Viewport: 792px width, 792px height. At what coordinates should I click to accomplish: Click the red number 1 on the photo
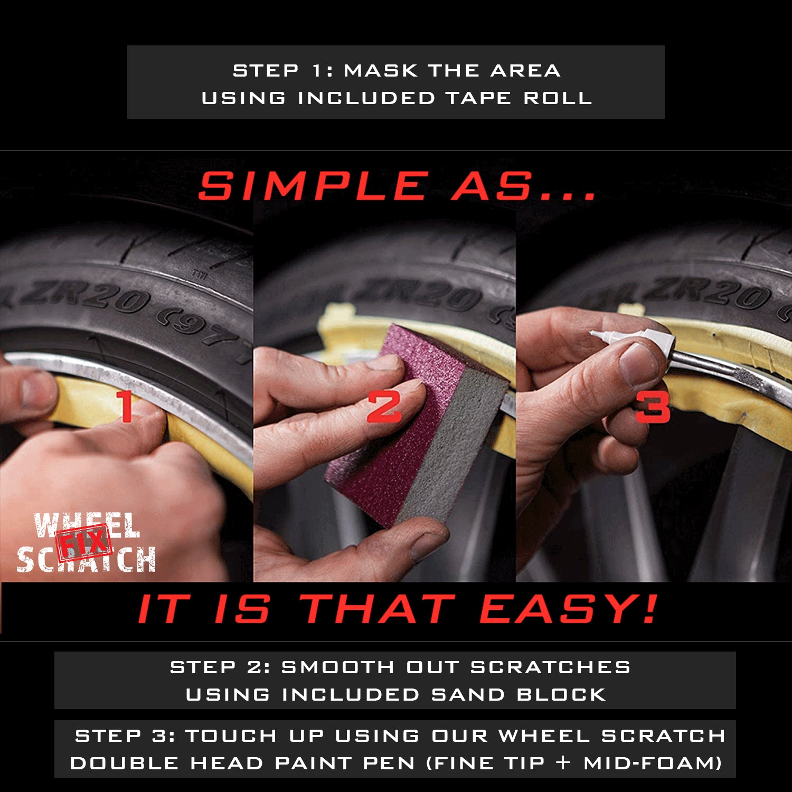pos(126,406)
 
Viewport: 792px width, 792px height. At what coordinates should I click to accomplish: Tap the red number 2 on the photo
pos(384,407)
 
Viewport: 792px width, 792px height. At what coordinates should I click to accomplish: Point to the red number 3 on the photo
pos(653,407)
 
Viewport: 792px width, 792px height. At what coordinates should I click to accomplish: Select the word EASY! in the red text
pos(568,609)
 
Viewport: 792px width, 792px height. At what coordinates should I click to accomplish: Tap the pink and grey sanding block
pos(417,428)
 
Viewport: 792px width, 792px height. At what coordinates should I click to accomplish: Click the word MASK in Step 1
pos(381,70)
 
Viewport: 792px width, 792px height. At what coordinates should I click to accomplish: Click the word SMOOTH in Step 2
pos(337,667)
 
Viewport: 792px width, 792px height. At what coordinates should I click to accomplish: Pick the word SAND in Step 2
pos(468,694)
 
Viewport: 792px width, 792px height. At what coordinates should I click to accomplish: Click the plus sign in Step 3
pos(563,762)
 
